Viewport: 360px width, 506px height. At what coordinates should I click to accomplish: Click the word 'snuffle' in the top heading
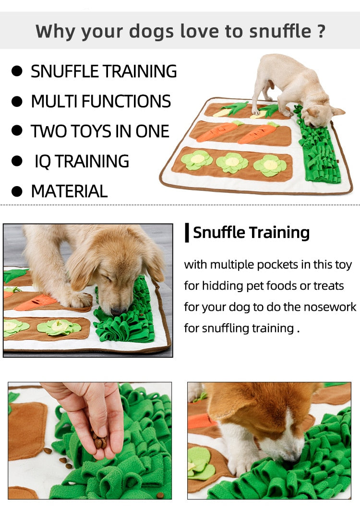pos(280,31)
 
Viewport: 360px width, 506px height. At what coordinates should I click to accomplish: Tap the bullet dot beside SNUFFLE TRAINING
pos(17,71)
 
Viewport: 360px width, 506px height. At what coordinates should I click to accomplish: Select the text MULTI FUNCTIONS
pos(101,101)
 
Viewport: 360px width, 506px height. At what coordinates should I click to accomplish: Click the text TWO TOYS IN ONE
pos(100,131)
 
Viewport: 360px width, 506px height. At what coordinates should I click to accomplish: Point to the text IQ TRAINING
pos(82,161)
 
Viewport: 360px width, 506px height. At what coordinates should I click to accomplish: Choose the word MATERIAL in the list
pos(69,191)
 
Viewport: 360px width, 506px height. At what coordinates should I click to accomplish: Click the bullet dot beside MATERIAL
pos(17,191)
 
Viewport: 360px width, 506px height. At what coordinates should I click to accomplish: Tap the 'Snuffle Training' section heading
pos(251,232)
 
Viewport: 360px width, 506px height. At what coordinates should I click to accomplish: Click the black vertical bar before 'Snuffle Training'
pos(187,232)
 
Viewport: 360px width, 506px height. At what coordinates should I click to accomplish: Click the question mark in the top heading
pos(321,31)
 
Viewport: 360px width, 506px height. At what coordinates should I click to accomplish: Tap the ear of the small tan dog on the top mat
pos(338,111)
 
